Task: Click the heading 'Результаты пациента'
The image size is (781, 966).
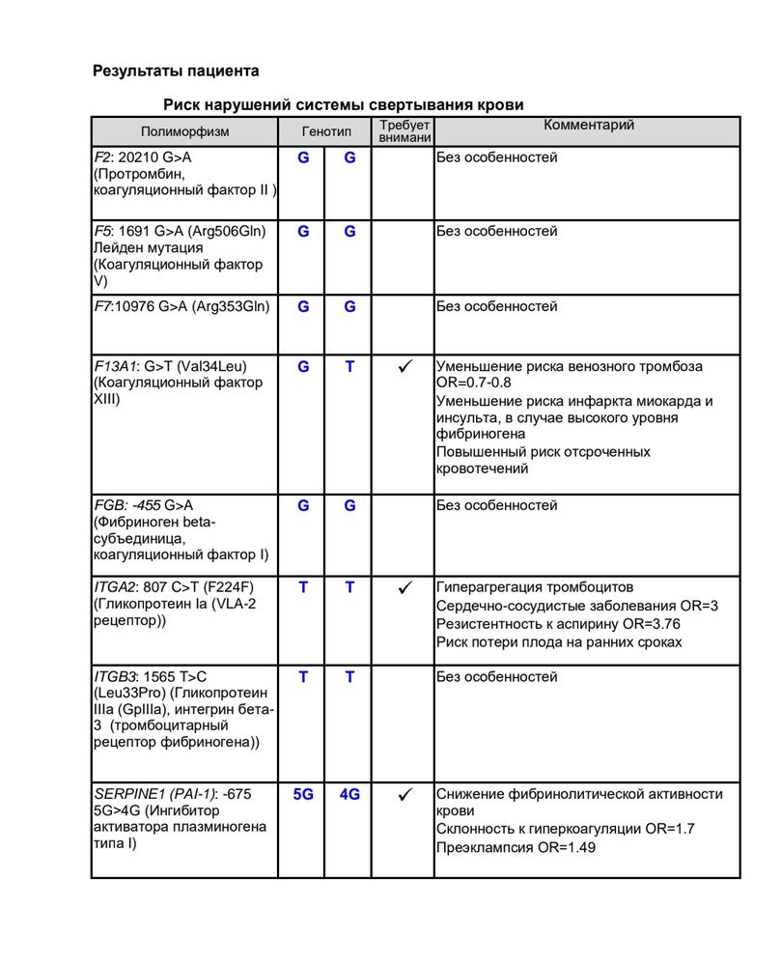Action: pyautogui.click(x=176, y=71)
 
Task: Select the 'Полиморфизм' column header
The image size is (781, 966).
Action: pyautogui.click(x=185, y=131)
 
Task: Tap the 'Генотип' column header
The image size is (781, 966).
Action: pyautogui.click(x=326, y=131)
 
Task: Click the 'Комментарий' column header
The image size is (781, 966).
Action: pyautogui.click(x=588, y=126)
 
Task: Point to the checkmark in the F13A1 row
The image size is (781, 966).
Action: pyautogui.click(x=405, y=367)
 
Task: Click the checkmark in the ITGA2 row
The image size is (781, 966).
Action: pyautogui.click(x=405, y=587)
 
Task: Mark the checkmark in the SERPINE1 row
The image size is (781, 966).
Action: pyautogui.click(x=405, y=794)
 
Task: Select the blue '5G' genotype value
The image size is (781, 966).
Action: pyautogui.click(x=303, y=794)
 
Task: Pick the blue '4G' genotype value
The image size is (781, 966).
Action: pyautogui.click(x=349, y=794)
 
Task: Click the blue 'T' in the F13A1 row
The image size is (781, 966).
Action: pyautogui.click(x=349, y=367)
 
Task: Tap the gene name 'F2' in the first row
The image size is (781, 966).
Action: pyautogui.click(x=101, y=157)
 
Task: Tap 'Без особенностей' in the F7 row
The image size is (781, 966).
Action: pyautogui.click(x=496, y=307)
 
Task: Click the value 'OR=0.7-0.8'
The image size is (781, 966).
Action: pyautogui.click(x=474, y=383)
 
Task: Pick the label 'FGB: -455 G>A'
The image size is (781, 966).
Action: pyautogui.click(x=143, y=505)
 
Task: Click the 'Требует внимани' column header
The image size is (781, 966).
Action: pyautogui.click(x=404, y=131)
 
